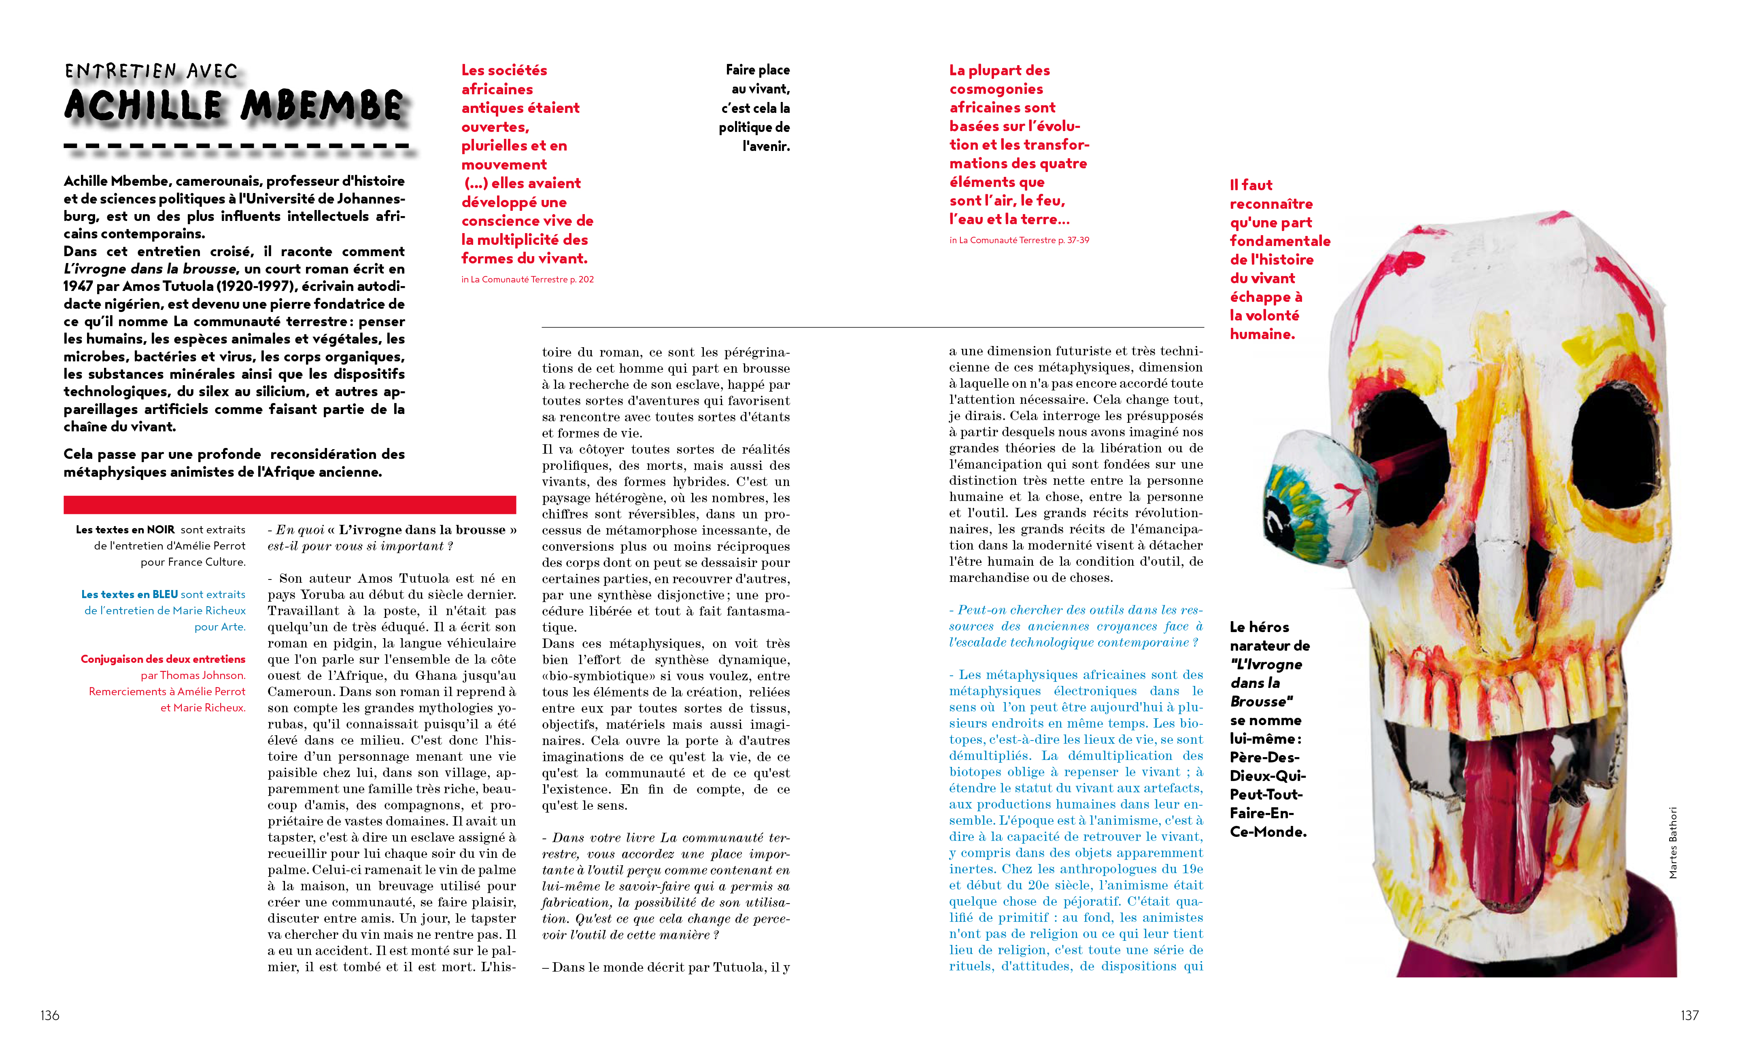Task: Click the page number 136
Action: click(50, 1015)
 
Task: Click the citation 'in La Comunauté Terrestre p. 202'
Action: click(527, 280)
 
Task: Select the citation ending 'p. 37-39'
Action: click(1019, 240)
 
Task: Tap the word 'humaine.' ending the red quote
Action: click(1262, 334)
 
